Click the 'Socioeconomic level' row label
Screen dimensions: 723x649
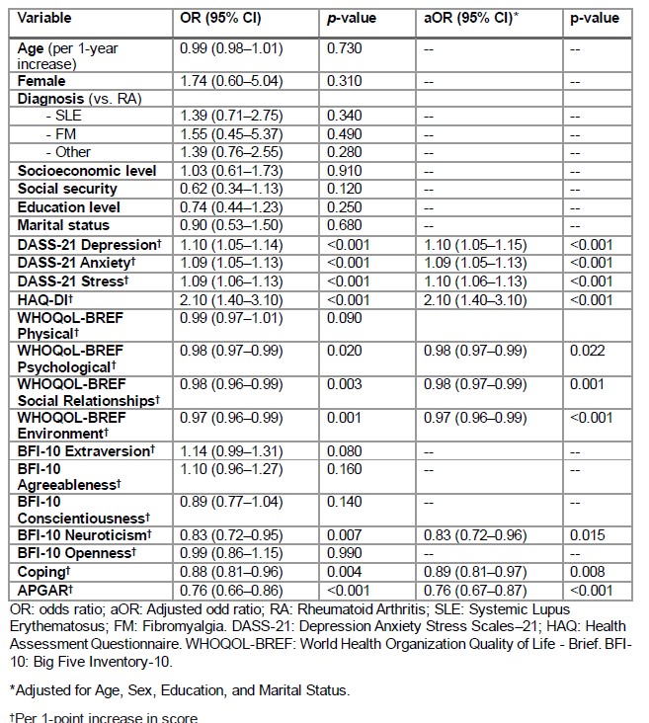coord(87,171)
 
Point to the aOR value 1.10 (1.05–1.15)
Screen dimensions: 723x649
coord(469,244)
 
